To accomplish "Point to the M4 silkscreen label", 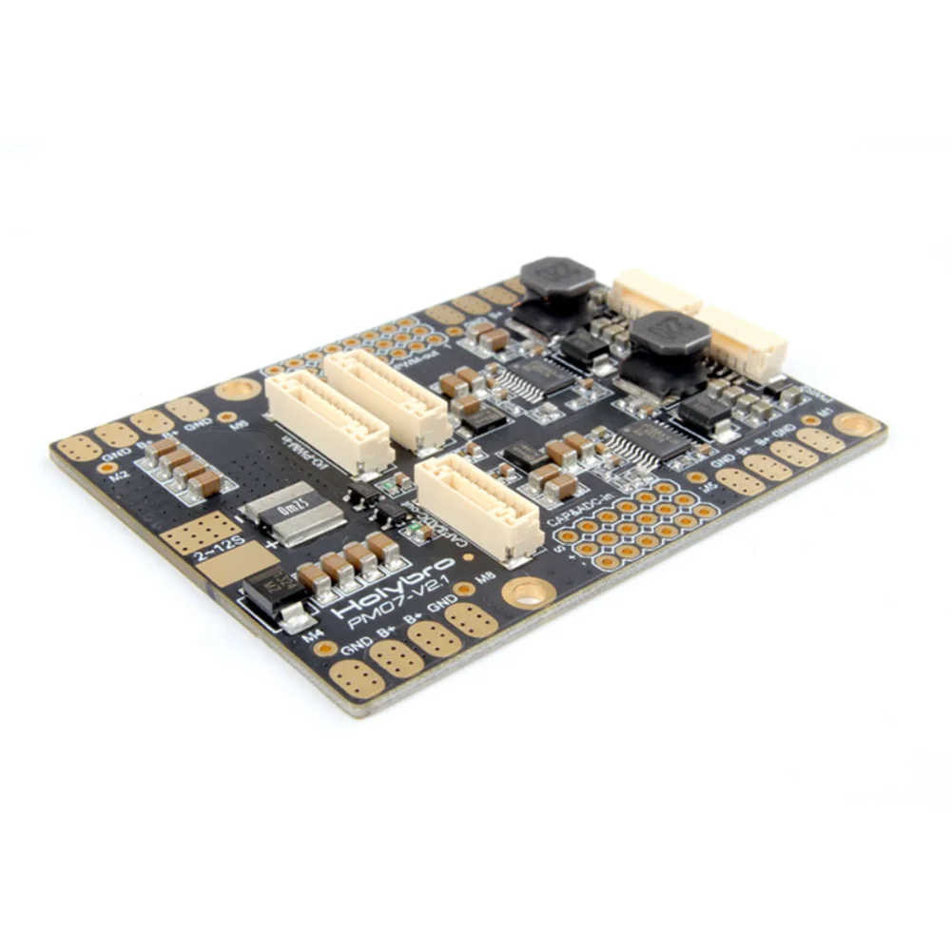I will click(x=310, y=638).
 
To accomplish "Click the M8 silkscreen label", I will click(x=486, y=578).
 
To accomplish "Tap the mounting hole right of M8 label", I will click(x=529, y=593).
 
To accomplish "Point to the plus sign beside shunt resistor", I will click(x=274, y=543).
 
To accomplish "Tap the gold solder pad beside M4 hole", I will click(x=357, y=676).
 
